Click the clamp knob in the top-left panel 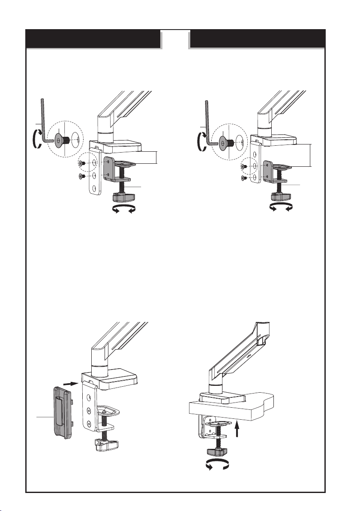[123, 198]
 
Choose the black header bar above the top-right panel [257, 39]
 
